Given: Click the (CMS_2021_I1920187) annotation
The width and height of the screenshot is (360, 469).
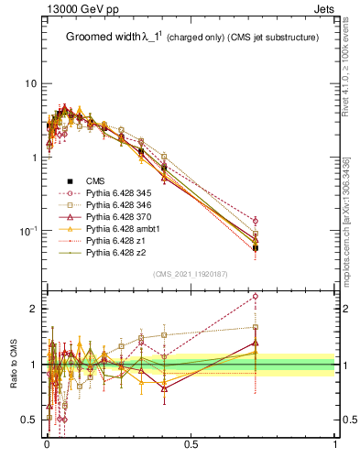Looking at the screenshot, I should tap(191, 274).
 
